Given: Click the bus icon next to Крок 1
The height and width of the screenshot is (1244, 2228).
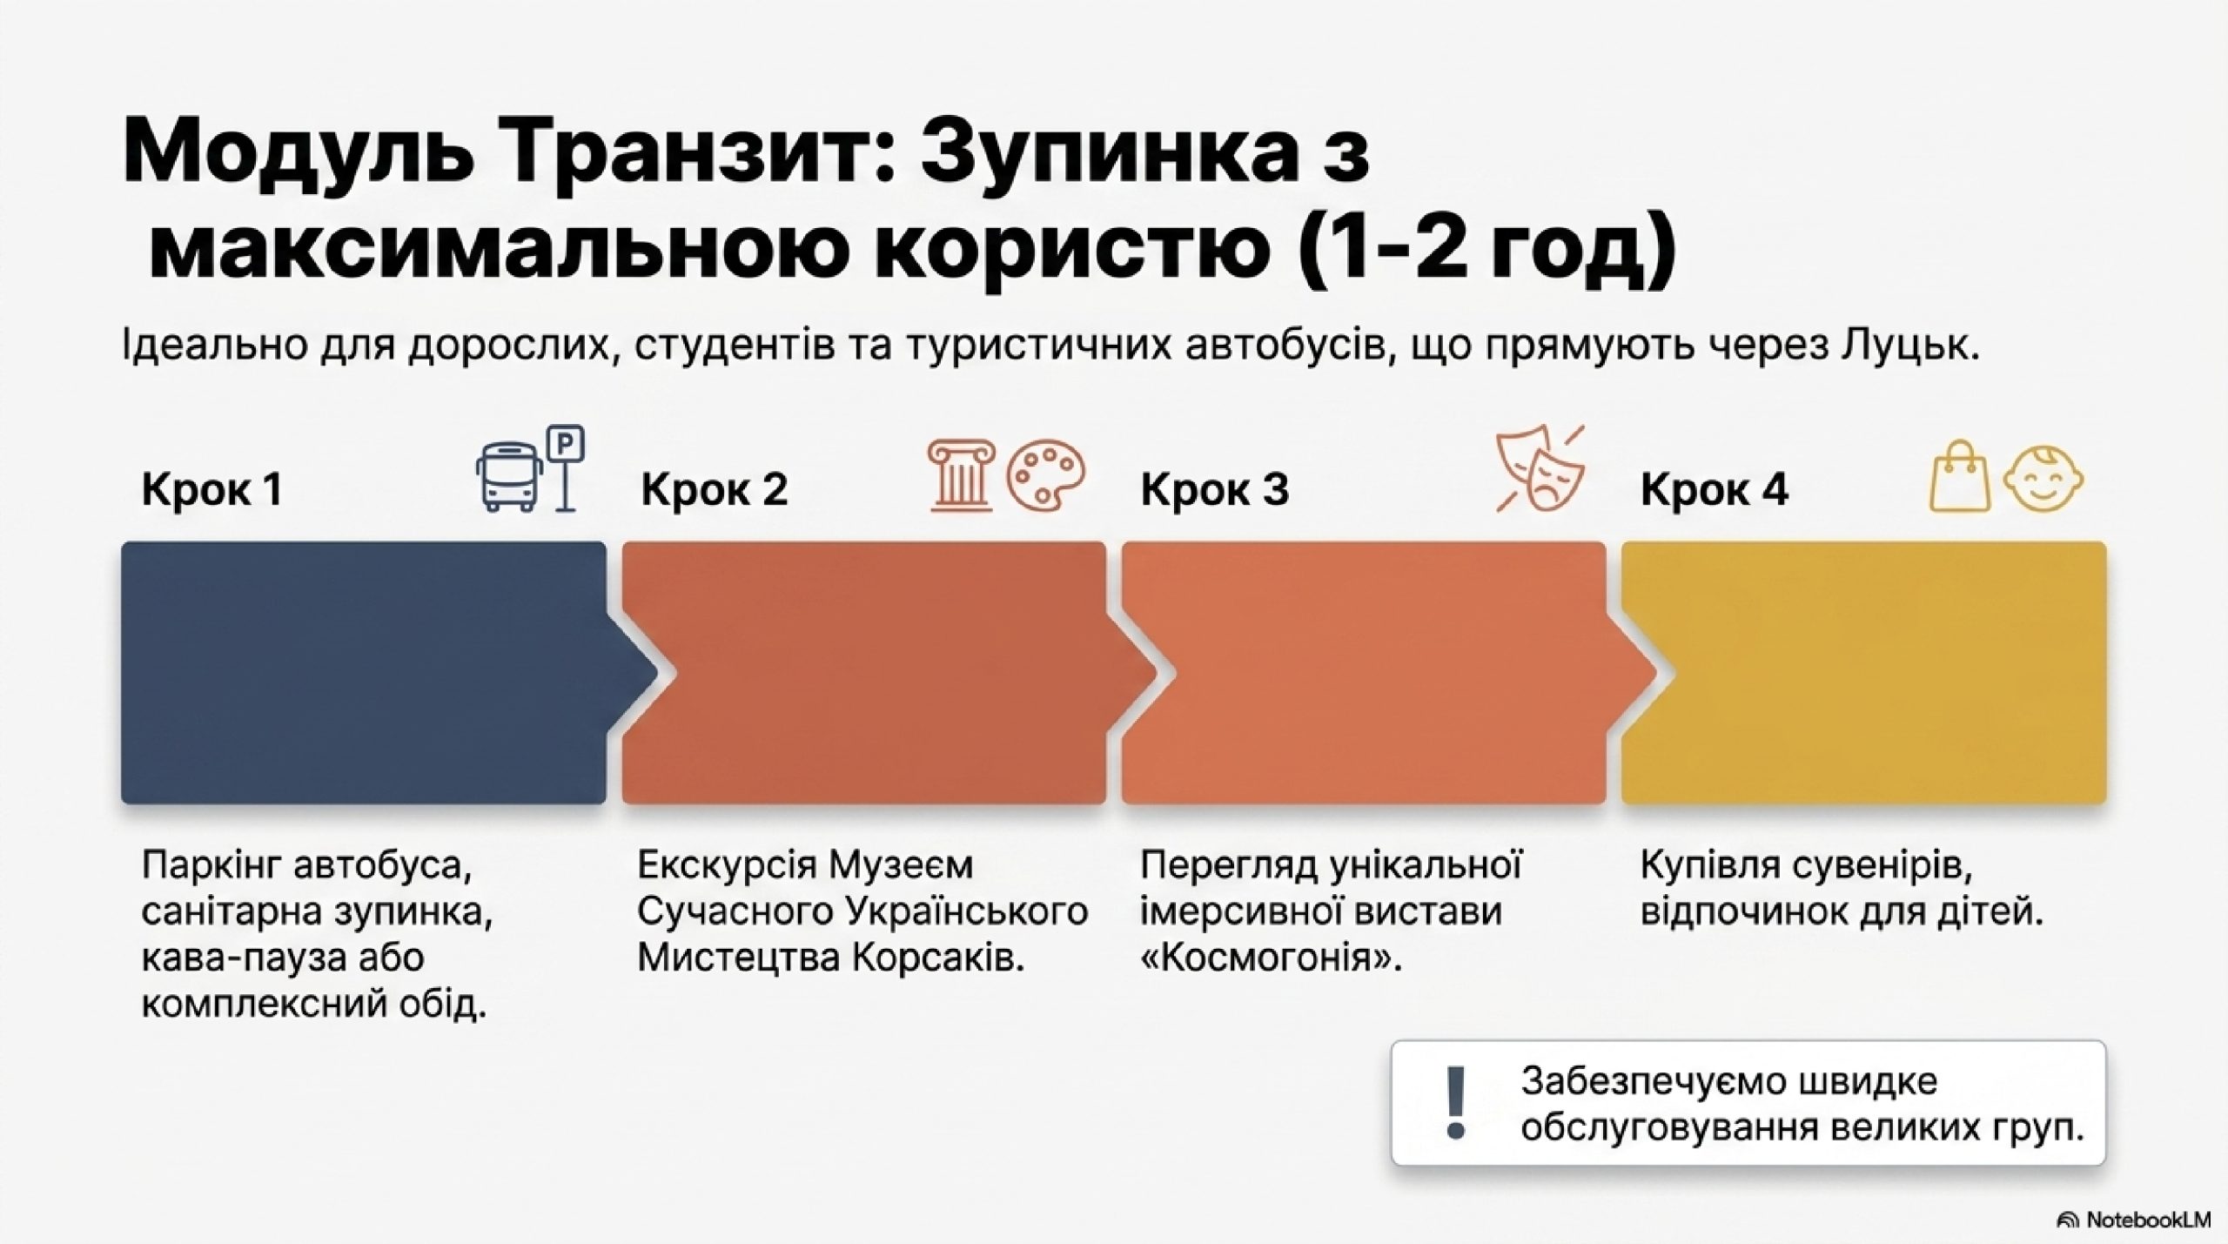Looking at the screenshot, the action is point(509,476).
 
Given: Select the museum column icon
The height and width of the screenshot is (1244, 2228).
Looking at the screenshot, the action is point(961,474).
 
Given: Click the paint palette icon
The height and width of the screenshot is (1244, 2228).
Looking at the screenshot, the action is point(1047,478).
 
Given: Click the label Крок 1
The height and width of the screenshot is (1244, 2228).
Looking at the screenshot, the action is point(212,490).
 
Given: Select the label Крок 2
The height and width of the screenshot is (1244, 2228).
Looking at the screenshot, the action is point(715,490).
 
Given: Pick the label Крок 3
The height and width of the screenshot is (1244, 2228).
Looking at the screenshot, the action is point(1215,490).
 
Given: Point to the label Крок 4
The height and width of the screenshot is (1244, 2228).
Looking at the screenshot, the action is point(1715,490).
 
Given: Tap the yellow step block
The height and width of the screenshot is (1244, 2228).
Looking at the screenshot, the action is point(1863,672).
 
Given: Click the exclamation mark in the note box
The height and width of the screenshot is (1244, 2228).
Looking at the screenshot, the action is point(1454,1103).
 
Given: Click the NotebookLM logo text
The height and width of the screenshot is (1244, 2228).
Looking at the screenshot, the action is point(2147,1220).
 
